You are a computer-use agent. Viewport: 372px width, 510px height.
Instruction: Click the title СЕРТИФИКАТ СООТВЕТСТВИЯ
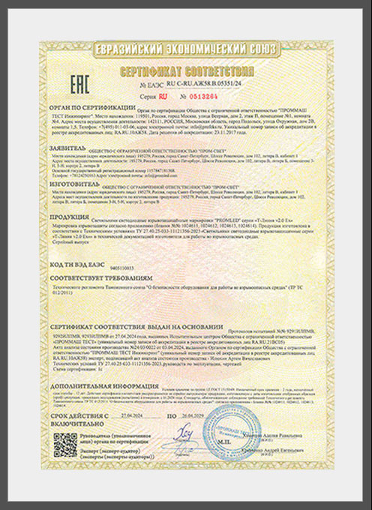pos(185,71)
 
